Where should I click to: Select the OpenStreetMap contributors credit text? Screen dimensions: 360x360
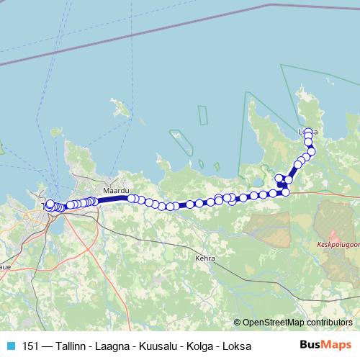(x=297, y=322)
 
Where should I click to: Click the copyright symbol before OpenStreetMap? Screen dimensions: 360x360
(x=238, y=322)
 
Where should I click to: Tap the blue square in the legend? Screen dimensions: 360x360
(x=10, y=346)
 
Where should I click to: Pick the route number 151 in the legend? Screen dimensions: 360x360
(x=31, y=346)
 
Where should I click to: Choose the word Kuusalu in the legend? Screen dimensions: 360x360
(x=157, y=346)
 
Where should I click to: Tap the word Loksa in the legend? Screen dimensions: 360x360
(x=235, y=346)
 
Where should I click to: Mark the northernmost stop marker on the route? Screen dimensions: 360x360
(x=308, y=132)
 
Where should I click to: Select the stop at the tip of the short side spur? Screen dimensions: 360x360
(x=279, y=178)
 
